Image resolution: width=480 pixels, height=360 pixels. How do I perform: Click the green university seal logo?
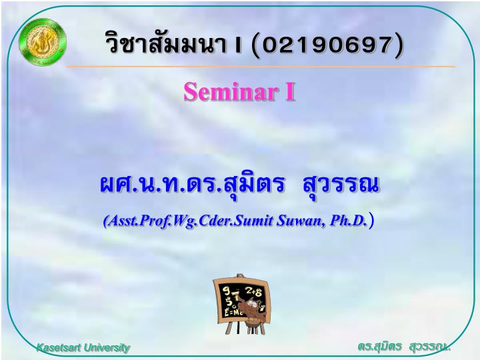tap(43, 42)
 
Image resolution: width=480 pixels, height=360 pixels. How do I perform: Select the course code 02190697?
tap(327, 45)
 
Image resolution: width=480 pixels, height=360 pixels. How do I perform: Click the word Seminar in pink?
tap(231, 92)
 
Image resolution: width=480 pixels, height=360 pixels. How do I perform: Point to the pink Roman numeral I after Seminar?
tap(289, 92)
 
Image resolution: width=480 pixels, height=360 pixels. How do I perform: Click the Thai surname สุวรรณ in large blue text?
tap(341, 185)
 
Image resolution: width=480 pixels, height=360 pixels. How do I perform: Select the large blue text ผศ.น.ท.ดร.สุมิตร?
tap(192, 185)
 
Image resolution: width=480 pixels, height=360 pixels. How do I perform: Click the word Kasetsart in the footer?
tap(59, 347)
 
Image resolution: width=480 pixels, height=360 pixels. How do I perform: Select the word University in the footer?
tap(107, 348)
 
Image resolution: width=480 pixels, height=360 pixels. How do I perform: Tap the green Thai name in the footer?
tap(404, 346)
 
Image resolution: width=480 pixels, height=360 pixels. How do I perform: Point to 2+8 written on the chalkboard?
tap(254, 292)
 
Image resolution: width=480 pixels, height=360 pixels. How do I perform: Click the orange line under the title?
tap(261, 66)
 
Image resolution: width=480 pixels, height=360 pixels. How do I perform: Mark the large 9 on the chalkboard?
tap(226, 290)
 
